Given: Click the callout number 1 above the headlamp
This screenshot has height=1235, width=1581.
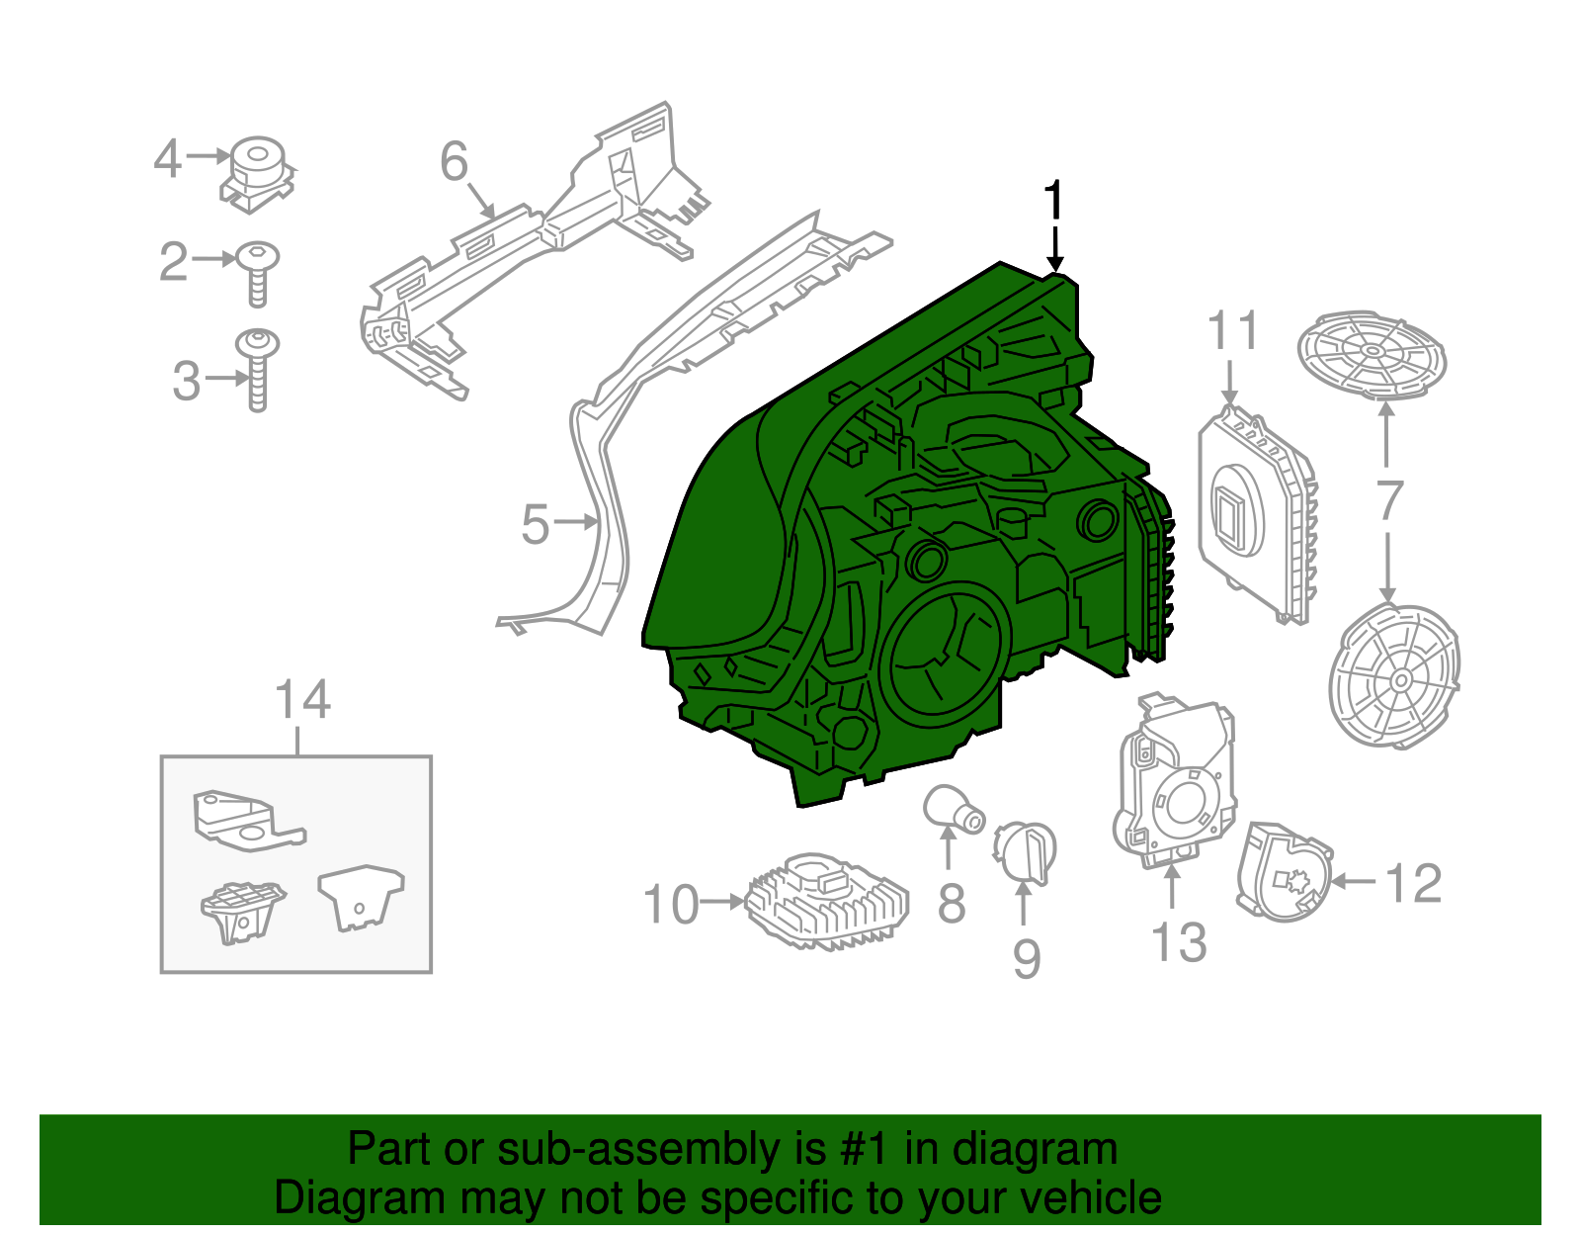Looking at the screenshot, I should (1055, 201).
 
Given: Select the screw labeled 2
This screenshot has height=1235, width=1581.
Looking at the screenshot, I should (257, 272).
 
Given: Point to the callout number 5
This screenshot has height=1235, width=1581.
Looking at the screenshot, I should (535, 524).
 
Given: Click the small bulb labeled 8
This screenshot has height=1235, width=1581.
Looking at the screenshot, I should (953, 809).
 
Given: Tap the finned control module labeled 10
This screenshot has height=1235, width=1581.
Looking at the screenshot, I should (826, 900).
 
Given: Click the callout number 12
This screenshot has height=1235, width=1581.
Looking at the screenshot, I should (1414, 883).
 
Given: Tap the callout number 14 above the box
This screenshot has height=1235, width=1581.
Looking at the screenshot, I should (301, 701).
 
